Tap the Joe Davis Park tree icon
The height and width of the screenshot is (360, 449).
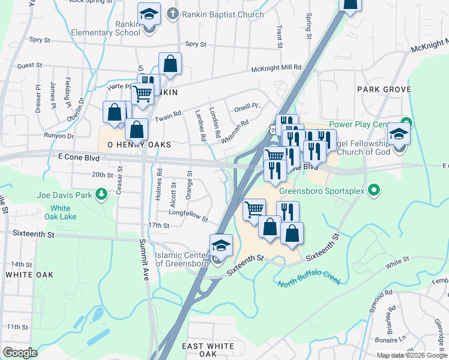click(x=102, y=194)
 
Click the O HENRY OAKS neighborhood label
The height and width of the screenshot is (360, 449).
click(x=139, y=145)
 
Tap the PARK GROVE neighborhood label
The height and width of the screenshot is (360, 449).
click(x=384, y=89)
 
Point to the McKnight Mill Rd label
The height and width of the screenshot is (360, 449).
click(x=276, y=69)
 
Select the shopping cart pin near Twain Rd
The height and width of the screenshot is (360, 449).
click(x=143, y=94)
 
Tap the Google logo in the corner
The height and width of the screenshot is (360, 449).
click(x=20, y=353)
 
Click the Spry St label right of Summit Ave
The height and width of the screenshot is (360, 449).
click(x=196, y=44)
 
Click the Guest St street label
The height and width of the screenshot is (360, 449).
click(x=29, y=65)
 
